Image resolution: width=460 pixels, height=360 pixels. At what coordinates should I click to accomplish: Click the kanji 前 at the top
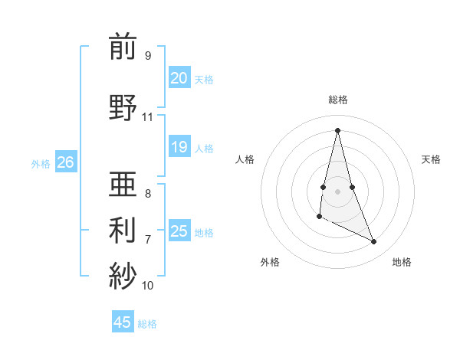pos(123,47)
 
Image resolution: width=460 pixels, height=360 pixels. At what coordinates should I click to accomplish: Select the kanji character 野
pos(123,107)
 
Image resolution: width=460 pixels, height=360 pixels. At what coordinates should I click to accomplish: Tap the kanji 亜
pos(123,184)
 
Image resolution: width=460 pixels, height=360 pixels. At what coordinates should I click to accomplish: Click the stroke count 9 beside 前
pos(147,55)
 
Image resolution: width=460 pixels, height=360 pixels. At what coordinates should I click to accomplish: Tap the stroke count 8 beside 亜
pos(147,193)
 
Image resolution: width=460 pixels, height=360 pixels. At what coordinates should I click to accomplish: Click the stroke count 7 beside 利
pos(147,239)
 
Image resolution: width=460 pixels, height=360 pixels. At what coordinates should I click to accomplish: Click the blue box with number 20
pos(179,78)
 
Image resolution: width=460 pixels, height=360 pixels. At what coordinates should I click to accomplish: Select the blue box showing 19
pos(179,147)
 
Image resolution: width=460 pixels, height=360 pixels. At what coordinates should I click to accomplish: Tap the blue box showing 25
pos(179,231)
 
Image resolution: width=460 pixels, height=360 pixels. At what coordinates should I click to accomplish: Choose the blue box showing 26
pos(65,162)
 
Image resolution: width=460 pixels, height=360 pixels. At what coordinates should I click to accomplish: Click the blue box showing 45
pos(123,322)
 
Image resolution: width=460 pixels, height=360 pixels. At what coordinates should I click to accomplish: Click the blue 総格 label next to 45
pos(147,324)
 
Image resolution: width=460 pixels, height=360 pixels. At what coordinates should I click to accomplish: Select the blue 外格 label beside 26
pos(41,163)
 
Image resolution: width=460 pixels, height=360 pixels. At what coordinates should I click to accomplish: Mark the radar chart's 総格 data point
pos(337,130)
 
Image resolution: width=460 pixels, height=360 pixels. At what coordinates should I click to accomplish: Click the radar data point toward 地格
pos(374,242)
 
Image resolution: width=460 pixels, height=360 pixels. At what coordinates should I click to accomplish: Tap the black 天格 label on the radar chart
pos(432,159)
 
